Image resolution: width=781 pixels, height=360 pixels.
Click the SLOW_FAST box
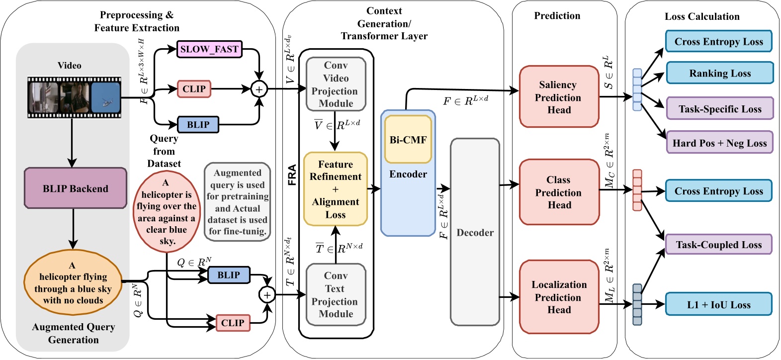[x=209, y=49]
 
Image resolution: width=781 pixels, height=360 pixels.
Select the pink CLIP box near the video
[x=194, y=89]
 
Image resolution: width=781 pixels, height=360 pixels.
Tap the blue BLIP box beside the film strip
[x=198, y=125]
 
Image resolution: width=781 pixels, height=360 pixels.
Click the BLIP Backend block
[x=76, y=188]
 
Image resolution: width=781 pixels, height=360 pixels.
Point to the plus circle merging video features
[x=259, y=90]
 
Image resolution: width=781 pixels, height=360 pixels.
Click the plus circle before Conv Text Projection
[x=267, y=295]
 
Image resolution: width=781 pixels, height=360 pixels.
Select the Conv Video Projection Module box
[x=336, y=84]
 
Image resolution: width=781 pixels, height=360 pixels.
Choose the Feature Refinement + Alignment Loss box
[x=336, y=189]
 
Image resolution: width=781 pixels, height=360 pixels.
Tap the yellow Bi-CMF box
[x=408, y=140]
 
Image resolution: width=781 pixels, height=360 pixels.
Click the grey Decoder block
[x=475, y=232]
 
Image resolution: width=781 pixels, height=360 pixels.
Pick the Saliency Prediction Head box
[x=559, y=97]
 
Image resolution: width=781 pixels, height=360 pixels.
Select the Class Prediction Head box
[x=559, y=192]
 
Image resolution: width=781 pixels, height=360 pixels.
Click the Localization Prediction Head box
[x=559, y=297]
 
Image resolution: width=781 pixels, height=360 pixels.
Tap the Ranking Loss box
[x=719, y=74]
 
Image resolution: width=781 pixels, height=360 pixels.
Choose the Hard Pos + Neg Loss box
[x=719, y=143]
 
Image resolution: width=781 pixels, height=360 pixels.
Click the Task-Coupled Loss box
[x=718, y=245]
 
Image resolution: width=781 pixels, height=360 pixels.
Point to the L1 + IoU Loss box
[x=718, y=305]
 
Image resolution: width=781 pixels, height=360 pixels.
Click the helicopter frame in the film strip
[x=105, y=97]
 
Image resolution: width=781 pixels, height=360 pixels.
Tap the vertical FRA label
[x=292, y=175]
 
